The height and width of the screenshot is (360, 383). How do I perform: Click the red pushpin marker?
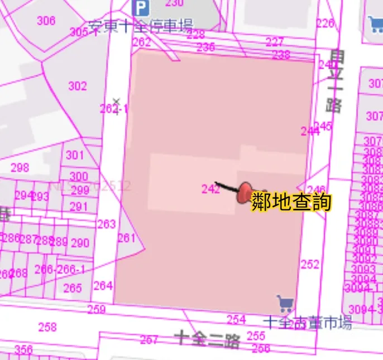tap(244, 193)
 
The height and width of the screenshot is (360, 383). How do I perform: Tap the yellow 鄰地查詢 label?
tap(291, 202)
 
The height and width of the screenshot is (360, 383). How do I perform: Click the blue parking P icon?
tap(141, 7)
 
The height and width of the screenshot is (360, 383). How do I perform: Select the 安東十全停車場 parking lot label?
tap(140, 26)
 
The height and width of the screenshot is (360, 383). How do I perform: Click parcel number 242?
tap(210, 189)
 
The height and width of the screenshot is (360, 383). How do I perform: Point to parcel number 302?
tap(78, 86)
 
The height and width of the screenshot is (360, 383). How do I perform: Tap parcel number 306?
tap(46, 21)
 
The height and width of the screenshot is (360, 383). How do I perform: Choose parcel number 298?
tap(20, 167)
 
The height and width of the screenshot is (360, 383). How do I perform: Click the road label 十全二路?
tap(207, 338)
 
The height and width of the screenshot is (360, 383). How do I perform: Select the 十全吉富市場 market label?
tap(307, 323)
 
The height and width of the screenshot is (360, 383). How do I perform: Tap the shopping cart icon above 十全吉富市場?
tap(285, 303)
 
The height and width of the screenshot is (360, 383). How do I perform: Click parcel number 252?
tap(310, 265)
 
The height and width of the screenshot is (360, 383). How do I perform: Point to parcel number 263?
tap(106, 224)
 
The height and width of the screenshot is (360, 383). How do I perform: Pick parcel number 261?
tap(127, 238)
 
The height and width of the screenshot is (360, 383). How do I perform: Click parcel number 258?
tap(47, 327)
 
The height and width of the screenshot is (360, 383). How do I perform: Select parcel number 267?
tap(149, 340)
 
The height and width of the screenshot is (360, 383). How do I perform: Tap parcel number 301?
tap(74, 155)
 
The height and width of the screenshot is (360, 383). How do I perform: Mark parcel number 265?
tap(73, 289)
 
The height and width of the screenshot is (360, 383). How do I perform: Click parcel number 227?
tap(274, 42)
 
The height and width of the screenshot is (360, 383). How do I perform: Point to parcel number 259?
tap(96, 309)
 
